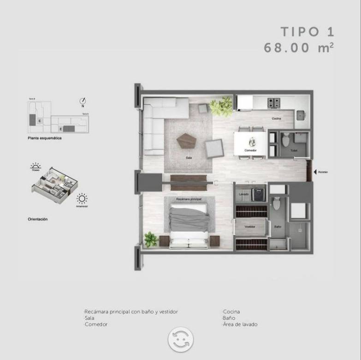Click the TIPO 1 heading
tap(307, 32)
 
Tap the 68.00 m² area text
tap(299, 48)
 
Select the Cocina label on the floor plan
tap(276, 119)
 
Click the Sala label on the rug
tap(189, 157)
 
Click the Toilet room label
tap(293, 150)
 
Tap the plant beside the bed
tap(151, 239)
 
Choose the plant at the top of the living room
tap(221, 106)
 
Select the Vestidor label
tap(250, 227)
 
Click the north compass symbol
tap(83, 101)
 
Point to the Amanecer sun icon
tap(82, 199)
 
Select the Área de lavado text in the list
tap(240, 324)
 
